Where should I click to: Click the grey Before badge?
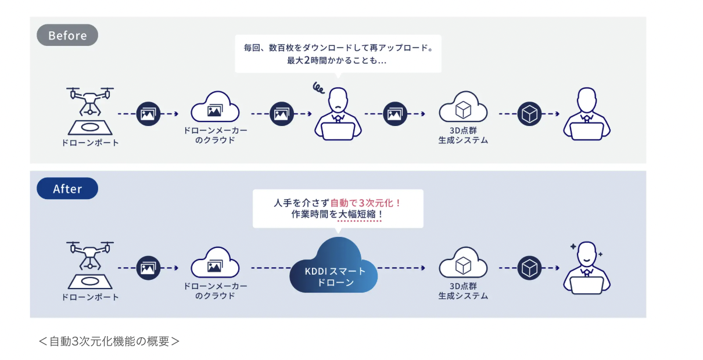point(67,35)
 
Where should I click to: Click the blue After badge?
point(67,189)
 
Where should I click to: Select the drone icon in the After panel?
point(90,265)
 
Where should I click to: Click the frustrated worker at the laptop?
point(338,114)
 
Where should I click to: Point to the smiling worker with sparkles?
point(587,268)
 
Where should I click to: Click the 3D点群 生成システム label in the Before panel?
point(463,135)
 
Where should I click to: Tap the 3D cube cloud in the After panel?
point(463,262)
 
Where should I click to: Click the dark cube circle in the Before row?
point(529,114)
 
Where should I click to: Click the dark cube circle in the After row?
point(529,268)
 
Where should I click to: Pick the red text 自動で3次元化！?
point(366,203)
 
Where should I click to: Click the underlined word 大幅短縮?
point(357,214)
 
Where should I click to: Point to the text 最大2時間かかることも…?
point(337,60)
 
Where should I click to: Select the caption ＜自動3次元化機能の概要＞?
point(109,341)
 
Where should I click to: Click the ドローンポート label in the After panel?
point(90,297)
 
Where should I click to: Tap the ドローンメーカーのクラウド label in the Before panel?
point(216,135)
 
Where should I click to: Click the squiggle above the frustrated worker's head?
point(318,88)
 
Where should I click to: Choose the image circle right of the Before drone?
point(148,114)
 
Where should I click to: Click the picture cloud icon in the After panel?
point(216,262)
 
